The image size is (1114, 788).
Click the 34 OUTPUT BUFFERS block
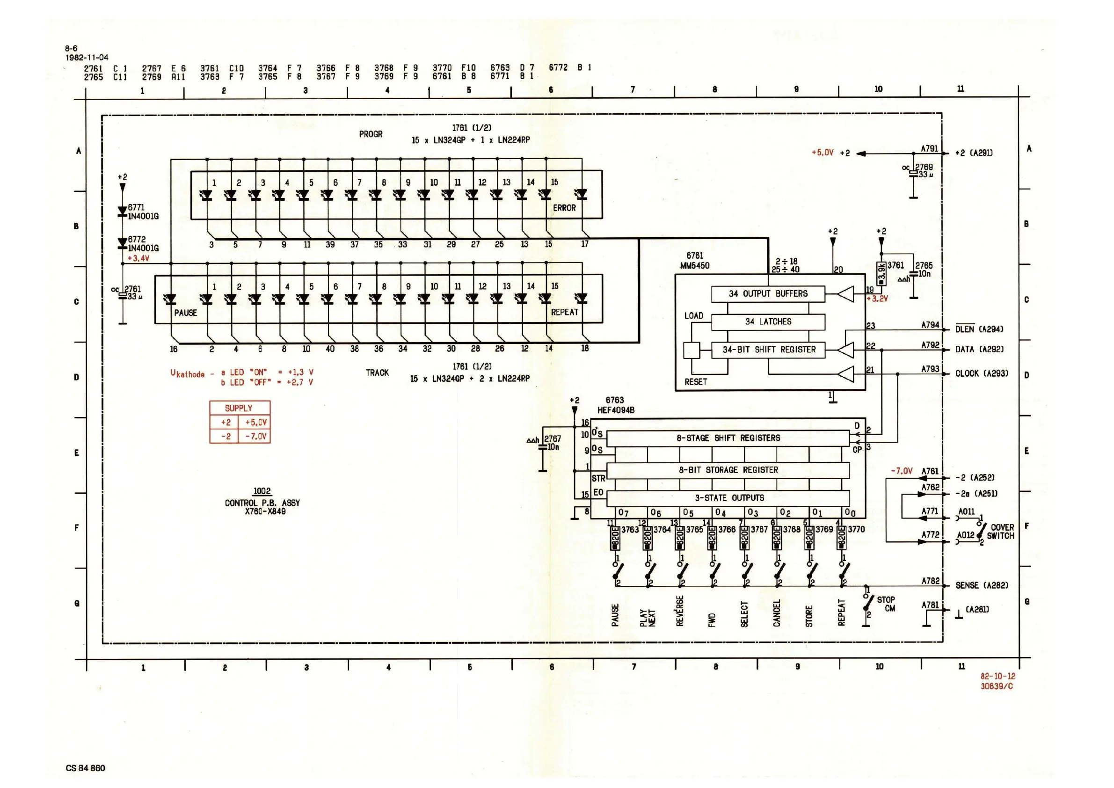click(x=768, y=294)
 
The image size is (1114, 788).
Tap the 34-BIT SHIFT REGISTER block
click(x=769, y=350)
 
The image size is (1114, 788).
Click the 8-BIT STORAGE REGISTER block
click(x=728, y=470)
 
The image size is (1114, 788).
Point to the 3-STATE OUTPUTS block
click(x=728, y=498)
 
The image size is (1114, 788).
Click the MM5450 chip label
click(x=694, y=266)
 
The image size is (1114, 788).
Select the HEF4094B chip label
click(x=616, y=410)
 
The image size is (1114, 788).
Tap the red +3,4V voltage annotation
click(x=138, y=259)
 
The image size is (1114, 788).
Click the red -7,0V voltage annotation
click(x=901, y=471)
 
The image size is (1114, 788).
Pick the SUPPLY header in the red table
click(x=239, y=408)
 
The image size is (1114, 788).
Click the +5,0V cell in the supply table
click(x=256, y=422)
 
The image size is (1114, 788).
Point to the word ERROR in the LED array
click(x=564, y=208)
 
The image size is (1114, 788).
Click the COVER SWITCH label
click(x=1001, y=532)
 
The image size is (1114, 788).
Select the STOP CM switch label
click(x=886, y=604)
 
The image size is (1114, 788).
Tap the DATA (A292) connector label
click(x=979, y=350)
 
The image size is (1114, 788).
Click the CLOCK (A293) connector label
click(x=981, y=373)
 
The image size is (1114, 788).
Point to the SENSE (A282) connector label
click(x=981, y=586)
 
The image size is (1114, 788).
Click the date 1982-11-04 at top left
click(x=87, y=57)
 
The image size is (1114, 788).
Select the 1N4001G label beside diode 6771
click(x=143, y=216)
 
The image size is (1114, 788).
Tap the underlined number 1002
click(x=262, y=491)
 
